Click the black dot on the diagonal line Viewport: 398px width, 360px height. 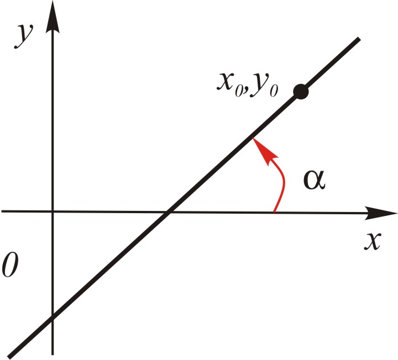coord(300,92)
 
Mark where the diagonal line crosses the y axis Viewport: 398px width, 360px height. coord(53,316)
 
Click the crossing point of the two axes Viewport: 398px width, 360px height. coord(53,211)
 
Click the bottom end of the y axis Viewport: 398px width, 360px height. coord(53,352)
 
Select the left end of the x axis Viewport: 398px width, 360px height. coord(3,211)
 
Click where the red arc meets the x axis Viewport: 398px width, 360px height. coord(275,210)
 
